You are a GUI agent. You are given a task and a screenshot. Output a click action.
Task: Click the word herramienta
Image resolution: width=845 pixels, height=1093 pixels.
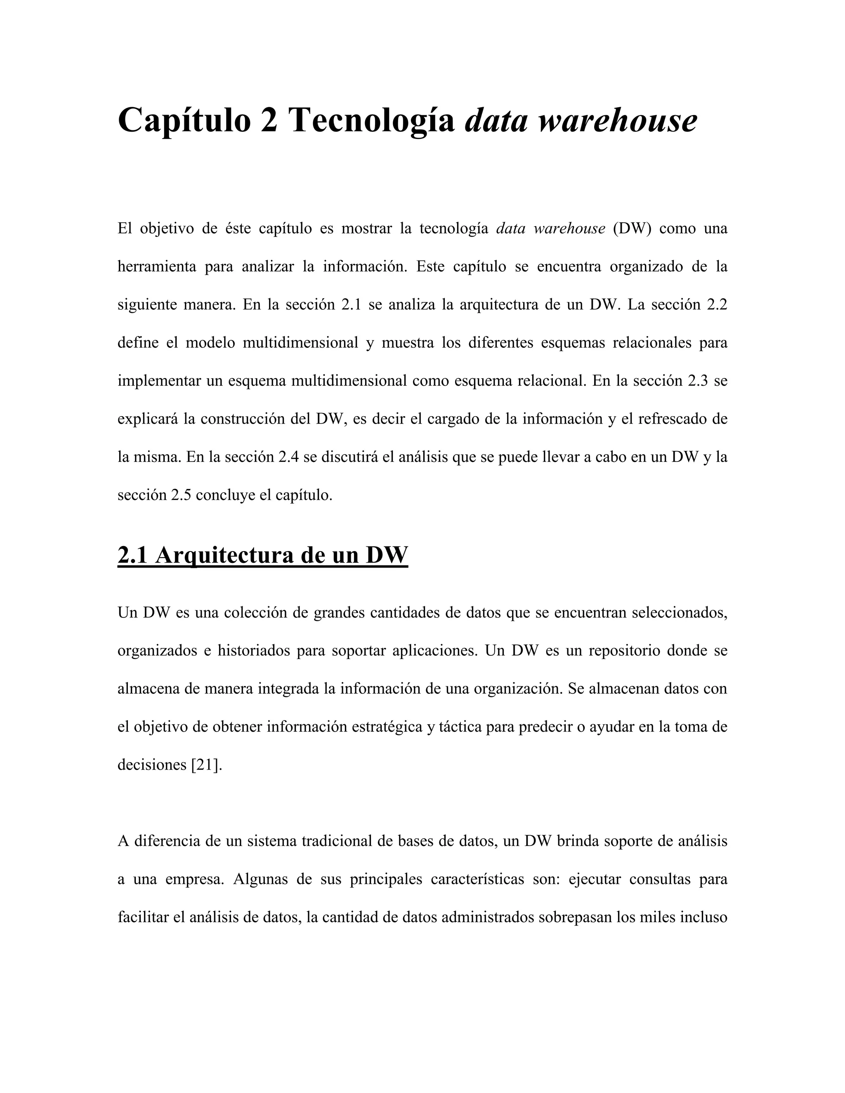pyautogui.click(x=157, y=267)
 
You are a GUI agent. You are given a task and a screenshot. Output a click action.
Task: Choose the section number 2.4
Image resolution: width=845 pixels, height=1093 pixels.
pyautogui.click(x=288, y=457)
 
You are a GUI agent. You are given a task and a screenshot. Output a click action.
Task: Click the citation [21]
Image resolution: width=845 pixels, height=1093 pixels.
pyautogui.click(x=206, y=765)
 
